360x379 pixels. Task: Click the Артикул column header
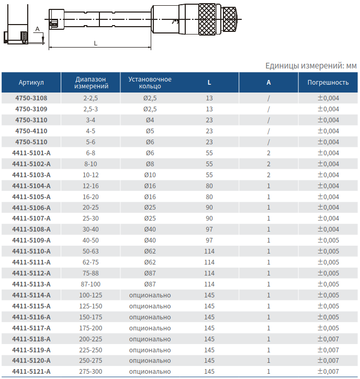31,83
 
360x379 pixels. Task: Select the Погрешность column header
328,83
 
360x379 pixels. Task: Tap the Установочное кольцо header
150,83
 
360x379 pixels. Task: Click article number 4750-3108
31,98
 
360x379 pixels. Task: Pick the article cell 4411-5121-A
31,372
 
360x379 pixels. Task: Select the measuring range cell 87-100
91,284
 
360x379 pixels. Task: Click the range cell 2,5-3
91,109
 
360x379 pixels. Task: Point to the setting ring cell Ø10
150,175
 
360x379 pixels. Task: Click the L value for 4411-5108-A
209,229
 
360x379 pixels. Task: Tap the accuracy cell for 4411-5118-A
328,339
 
